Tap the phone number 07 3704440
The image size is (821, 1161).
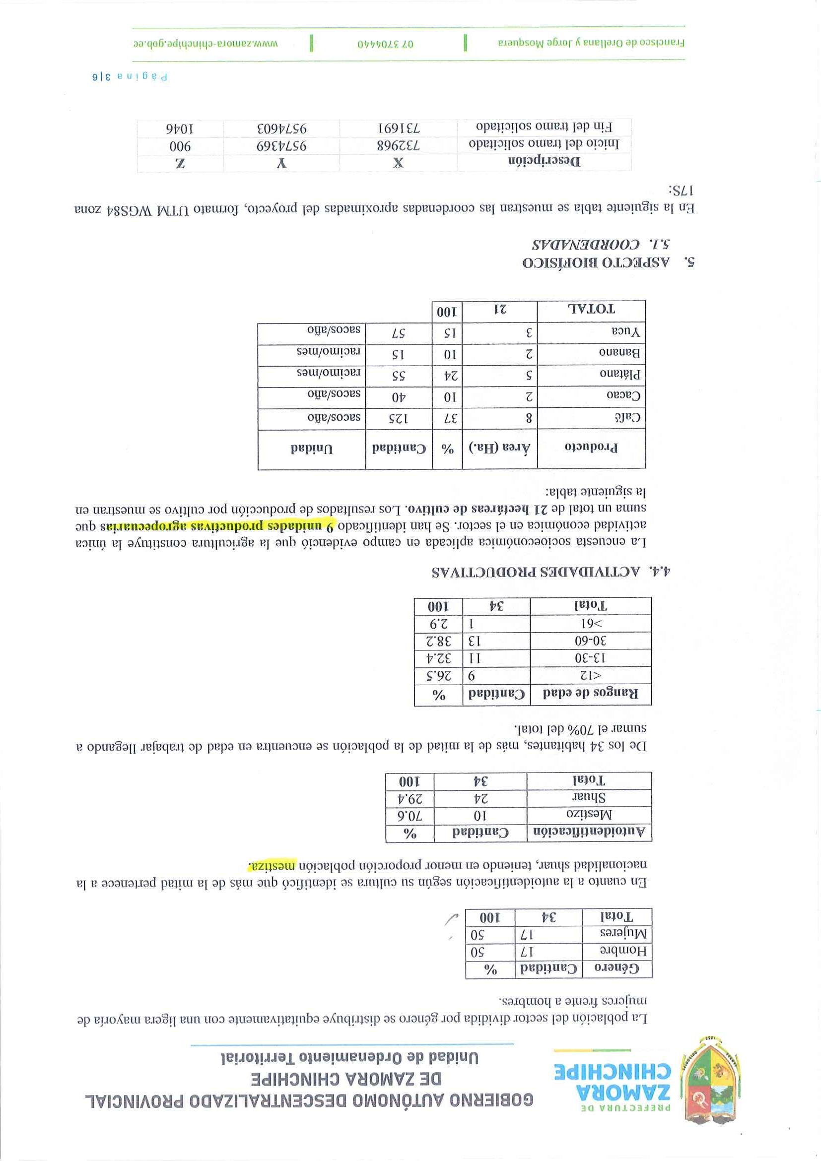(x=386, y=44)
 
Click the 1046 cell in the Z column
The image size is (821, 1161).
(x=181, y=127)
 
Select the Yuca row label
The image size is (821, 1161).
(x=626, y=332)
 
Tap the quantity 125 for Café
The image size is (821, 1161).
(x=398, y=418)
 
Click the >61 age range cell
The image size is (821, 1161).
(x=590, y=623)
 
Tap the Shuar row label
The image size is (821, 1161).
(x=589, y=797)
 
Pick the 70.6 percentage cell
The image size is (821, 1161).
(x=409, y=815)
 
